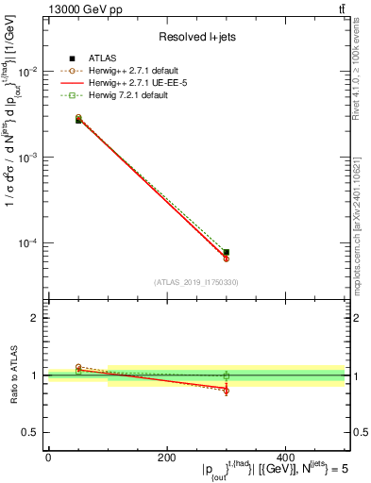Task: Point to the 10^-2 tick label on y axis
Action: (x=30, y=72)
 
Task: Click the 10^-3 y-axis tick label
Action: (x=30, y=157)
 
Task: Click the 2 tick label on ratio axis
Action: (x=35, y=318)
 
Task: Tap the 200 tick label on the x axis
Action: (x=167, y=457)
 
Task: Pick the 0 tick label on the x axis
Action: (x=48, y=457)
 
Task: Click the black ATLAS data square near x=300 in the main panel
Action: (x=227, y=252)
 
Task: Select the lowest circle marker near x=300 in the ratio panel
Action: (x=227, y=391)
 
